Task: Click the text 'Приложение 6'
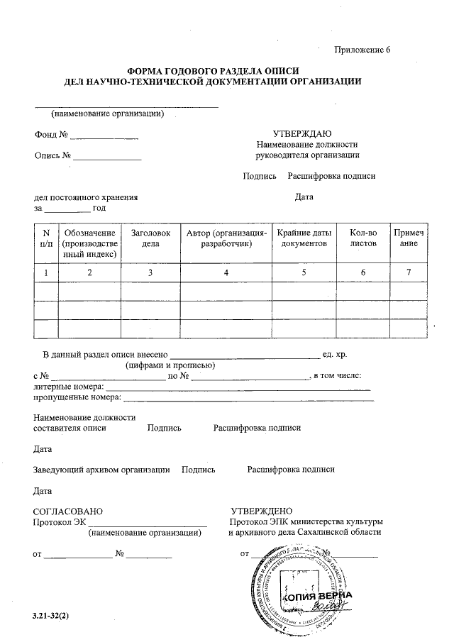point(362,50)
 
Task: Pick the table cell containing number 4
point(226,272)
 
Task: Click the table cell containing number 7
point(408,272)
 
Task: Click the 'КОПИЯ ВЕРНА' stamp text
point(316,597)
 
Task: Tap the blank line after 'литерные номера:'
point(238,389)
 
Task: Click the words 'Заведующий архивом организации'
point(101,470)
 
